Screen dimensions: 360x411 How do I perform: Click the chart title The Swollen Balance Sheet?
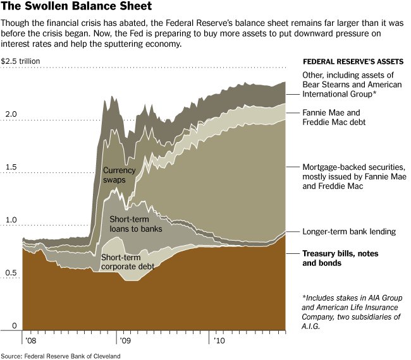click(77, 7)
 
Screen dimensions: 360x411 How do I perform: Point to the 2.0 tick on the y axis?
click(11, 114)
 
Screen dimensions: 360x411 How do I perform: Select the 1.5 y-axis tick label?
click(11, 167)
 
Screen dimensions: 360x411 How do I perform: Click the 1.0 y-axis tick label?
click(11, 220)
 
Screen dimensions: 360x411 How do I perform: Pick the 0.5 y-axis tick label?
click(11, 273)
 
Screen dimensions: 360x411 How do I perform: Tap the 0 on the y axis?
click(6, 326)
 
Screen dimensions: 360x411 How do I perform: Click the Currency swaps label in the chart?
click(120, 175)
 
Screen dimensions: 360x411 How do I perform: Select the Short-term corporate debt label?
click(132, 263)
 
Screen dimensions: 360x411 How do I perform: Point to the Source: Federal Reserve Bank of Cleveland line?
click(61, 355)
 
